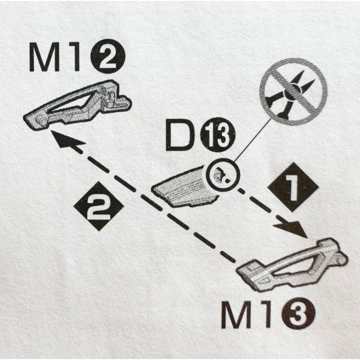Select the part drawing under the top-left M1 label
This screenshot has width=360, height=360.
pyautogui.click(x=77, y=105)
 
